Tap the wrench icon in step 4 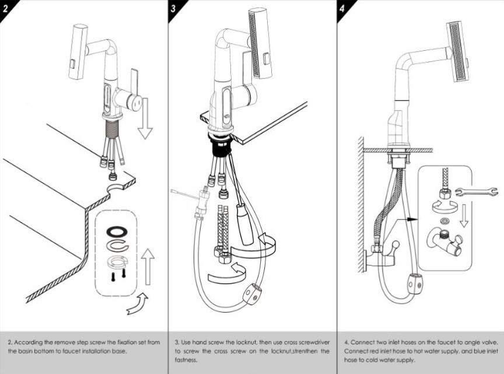click(476, 191)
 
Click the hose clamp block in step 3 click(251, 291)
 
